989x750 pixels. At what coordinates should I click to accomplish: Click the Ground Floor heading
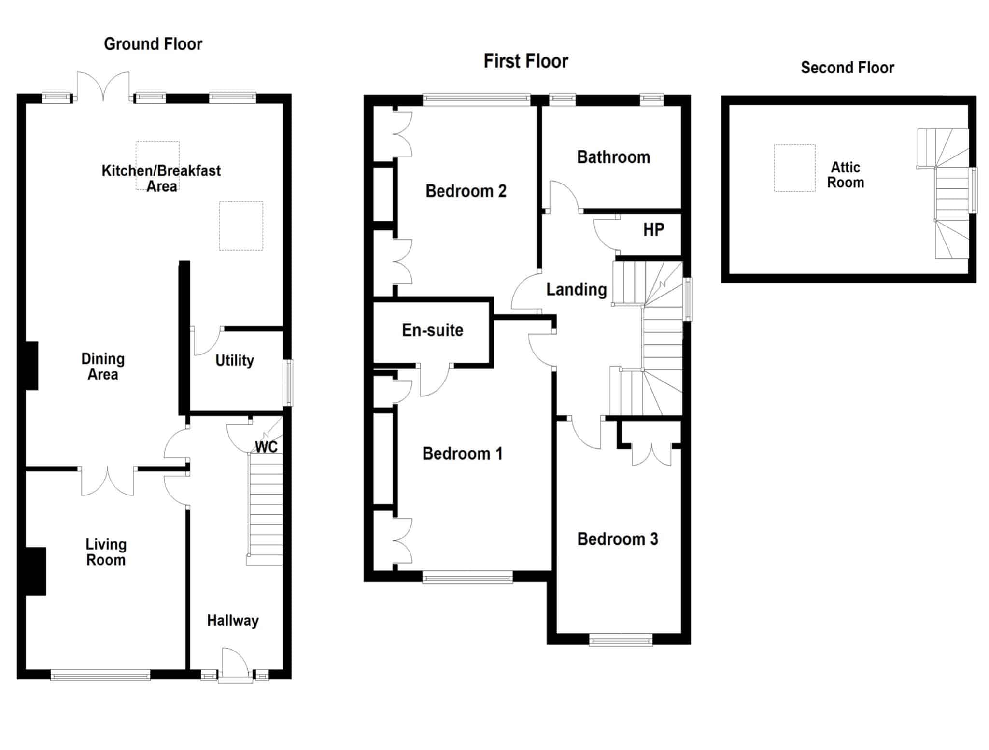pos(153,44)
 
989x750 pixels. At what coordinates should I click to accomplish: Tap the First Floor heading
pos(526,61)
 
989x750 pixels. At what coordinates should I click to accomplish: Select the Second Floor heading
pos(848,68)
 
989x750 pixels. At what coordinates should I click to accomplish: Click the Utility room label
pos(235,360)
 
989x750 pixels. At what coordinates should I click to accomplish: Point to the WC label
pos(266,447)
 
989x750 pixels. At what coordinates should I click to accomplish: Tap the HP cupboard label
pos(653,229)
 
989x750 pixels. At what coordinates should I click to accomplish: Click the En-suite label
pos(433,330)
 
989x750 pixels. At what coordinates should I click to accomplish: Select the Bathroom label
pos(613,157)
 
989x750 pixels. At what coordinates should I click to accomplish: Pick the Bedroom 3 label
pos(618,539)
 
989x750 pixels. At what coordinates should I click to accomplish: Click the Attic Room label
pos(846,175)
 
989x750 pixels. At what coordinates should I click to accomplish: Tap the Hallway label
pos(233,621)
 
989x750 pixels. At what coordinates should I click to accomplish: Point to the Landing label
pos(576,290)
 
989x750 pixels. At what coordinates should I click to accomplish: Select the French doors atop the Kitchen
pos(103,87)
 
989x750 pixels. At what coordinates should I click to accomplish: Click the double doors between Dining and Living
pos(108,481)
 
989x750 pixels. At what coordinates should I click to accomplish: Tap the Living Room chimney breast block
pos(36,571)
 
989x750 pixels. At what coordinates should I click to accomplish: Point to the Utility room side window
pos(288,382)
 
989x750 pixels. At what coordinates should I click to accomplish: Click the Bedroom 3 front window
pos(621,640)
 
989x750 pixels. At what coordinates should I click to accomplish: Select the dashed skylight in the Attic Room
pos(794,168)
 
